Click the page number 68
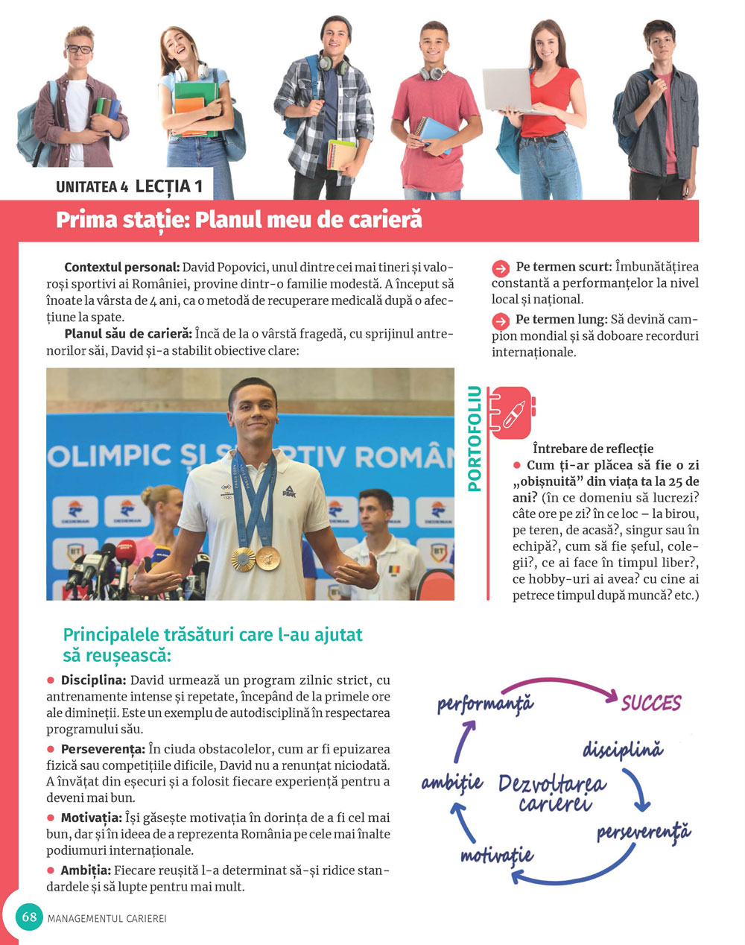pyautogui.click(x=29, y=917)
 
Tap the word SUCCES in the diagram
pyautogui.click(x=650, y=703)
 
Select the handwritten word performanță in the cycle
pyautogui.click(x=485, y=703)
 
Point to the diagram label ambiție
pyautogui.click(x=452, y=783)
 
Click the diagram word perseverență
pyautogui.click(x=644, y=832)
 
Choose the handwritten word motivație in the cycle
pyautogui.click(x=496, y=854)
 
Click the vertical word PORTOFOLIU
pyautogui.click(x=474, y=438)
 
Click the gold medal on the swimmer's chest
pyautogui.click(x=243, y=557)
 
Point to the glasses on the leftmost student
pyautogui.click(x=79, y=49)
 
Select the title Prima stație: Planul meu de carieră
pyautogui.click(x=238, y=220)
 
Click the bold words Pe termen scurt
pyautogui.click(x=563, y=267)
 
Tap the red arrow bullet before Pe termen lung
pyautogui.click(x=501, y=321)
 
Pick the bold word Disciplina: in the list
pyautogui.click(x=94, y=680)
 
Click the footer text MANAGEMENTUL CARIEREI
pyautogui.click(x=107, y=919)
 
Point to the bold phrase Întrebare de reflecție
pyautogui.click(x=593, y=449)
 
